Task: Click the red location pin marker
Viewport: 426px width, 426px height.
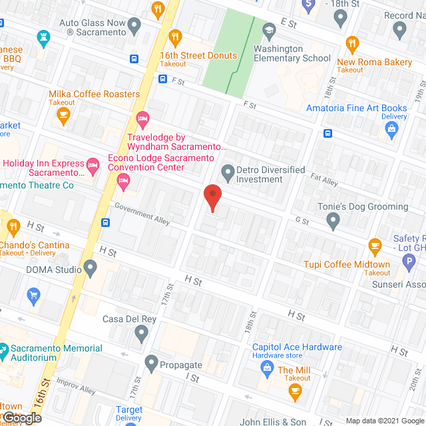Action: [x=212, y=198]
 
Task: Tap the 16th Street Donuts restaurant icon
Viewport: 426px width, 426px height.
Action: [x=176, y=37]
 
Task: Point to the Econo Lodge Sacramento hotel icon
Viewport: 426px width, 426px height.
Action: [x=94, y=163]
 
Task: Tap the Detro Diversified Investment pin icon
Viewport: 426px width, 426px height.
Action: [x=228, y=173]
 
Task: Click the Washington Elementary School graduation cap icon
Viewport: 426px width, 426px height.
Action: [x=269, y=30]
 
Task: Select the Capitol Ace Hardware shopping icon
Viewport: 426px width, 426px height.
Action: [x=267, y=367]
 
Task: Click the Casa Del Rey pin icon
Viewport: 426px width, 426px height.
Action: [x=140, y=333]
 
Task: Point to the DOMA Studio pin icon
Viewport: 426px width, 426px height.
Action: [x=91, y=269]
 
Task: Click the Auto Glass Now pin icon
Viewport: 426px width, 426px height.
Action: [x=135, y=27]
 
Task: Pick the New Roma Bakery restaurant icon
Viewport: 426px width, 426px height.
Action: [x=353, y=45]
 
